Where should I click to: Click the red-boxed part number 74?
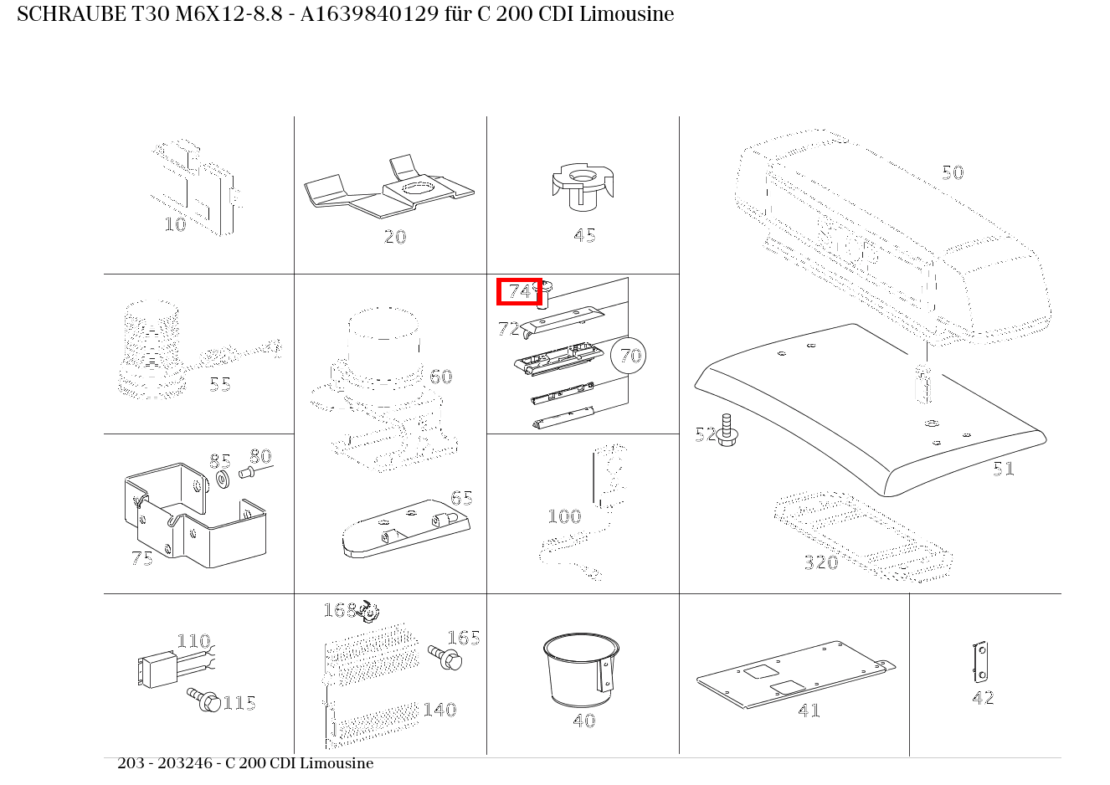tap(519, 292)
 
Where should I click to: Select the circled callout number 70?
tap(629, 355)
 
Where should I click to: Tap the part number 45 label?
tap(584, 235)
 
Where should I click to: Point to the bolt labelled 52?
tap(727, 430)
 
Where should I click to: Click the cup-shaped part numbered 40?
tap(581, 670)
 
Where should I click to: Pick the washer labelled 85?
tap(223, 480)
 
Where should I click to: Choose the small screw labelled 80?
tap(247, 473)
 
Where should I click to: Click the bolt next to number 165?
tap(445, 658)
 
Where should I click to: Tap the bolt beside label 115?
tap(204, 700)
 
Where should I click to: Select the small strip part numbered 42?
tap(979, 662)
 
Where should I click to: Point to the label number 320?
tap(820, 562)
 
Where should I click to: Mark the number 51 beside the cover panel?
tap(1004, 469)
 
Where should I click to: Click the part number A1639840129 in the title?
tap(369, 14)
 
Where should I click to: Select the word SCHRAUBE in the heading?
tap(71, 14)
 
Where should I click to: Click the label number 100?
tap(564, 516)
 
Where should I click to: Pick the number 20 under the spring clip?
tap(395, 237)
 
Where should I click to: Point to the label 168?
tap(339, 610)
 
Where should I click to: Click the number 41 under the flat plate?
tap(809, 711)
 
